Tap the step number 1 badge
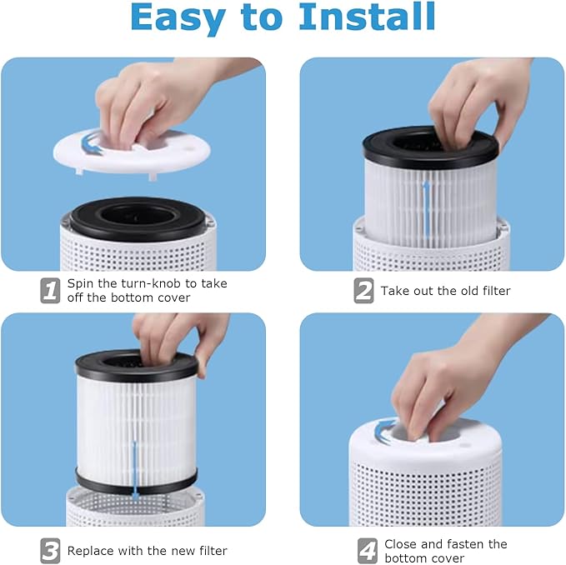coord(51,290)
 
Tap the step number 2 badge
coord(363,290)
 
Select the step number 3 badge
coord(51,550)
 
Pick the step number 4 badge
coord(367,550)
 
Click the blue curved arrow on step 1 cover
coord(94,147)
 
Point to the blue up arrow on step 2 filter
coord(427,208)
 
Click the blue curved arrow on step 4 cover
coord(386,430)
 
